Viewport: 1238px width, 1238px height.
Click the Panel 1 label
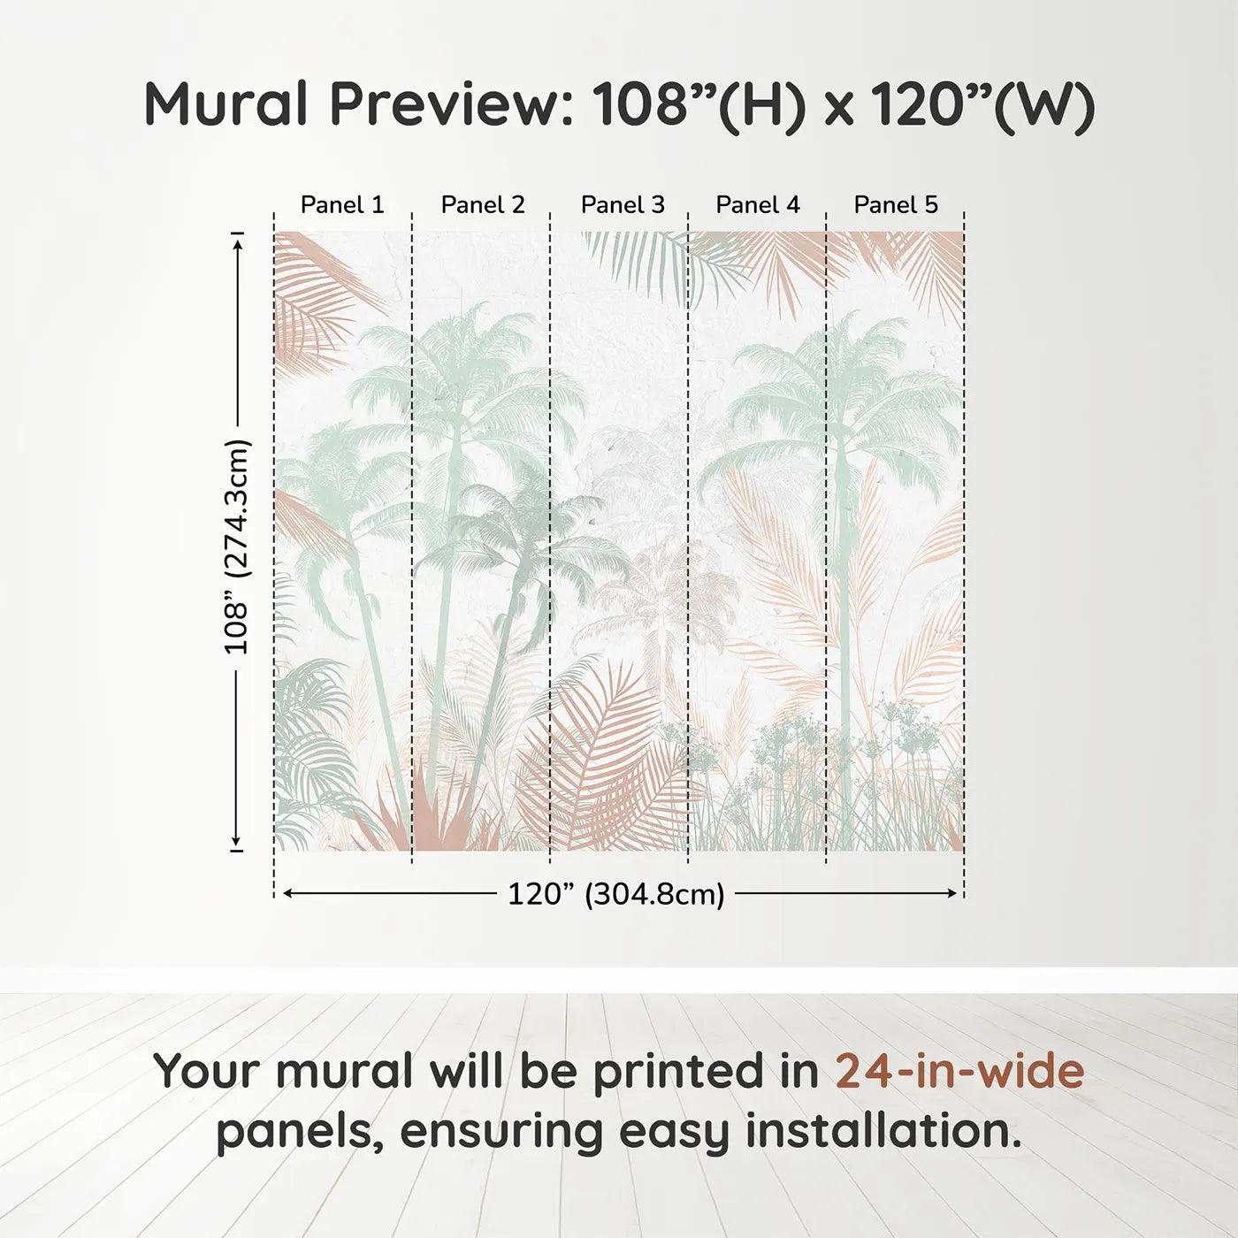[x=342, y=205]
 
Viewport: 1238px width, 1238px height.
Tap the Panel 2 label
[x=483, y=205]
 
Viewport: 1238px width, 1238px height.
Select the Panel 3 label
[x=623, y=205]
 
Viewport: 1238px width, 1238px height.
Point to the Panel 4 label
[x=758, y=205]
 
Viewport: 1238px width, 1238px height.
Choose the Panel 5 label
[x=896, y=205]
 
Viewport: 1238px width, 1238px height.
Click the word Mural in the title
[x=225, y=104]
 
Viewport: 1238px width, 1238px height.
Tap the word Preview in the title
[x=452, y=104]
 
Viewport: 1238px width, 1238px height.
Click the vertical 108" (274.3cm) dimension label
[x=237, y=546]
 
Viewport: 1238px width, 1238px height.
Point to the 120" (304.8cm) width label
[x=616, y=894]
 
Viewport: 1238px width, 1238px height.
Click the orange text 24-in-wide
[x=959, y=1071]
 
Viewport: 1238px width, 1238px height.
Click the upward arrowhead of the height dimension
[x=237, y=241]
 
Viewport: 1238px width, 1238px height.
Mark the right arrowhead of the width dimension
[x=952, y=894]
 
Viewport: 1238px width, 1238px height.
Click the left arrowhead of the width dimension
[x=287, y=894]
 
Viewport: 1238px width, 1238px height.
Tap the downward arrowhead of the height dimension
[x=237, y=842]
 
